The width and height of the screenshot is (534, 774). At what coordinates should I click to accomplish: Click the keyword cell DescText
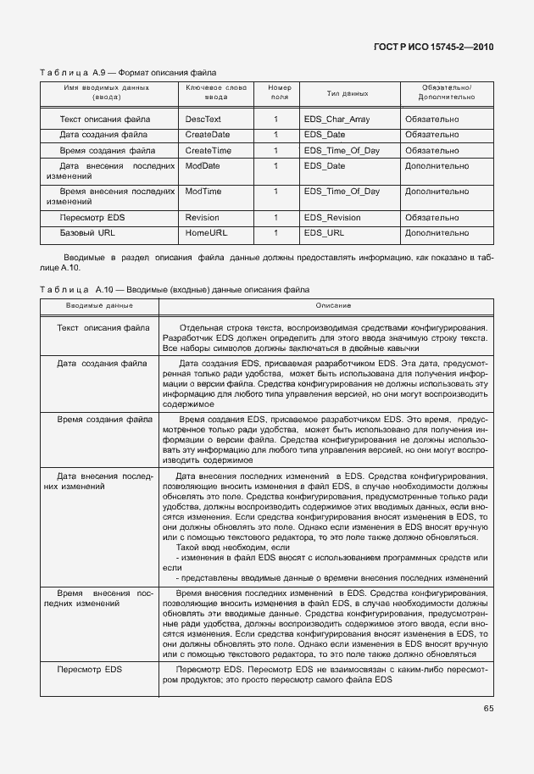point(203,120)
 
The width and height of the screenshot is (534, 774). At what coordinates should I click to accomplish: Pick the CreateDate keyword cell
point(208,135)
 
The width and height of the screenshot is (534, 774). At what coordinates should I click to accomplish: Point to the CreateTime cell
point(208,150)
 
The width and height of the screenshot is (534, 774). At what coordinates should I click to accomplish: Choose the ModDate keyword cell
point(203,166)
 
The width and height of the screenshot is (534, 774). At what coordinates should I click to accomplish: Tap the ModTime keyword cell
point(203,192)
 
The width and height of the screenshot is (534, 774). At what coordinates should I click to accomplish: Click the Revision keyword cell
point(203,217)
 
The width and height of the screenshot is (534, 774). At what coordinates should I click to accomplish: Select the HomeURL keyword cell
point(207,232)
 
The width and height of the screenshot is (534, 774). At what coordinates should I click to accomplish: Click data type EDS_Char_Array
point(337,120)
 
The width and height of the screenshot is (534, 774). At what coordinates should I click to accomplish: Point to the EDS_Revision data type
point(332,217)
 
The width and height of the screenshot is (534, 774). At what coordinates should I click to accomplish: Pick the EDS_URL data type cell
point(324,232)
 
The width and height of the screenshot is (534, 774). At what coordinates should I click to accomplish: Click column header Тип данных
point(348,92)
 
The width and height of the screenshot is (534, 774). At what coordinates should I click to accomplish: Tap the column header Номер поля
point(279,92)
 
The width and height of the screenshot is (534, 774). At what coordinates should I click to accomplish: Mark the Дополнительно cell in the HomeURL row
point(437,232)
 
